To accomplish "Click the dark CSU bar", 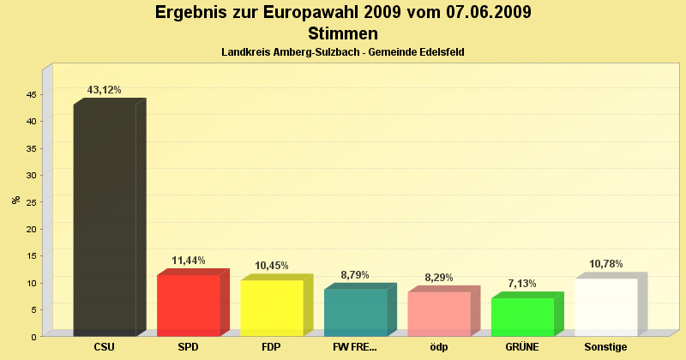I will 105,219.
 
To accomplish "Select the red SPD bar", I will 189,305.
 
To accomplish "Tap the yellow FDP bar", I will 272,308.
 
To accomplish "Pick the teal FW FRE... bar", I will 356,312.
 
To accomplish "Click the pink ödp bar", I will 439,314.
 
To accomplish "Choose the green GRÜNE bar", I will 522,316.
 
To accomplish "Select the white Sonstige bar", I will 606,307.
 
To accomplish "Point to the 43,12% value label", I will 105,90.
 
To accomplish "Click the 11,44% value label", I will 189,261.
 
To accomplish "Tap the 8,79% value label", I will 356,275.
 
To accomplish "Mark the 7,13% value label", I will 522,284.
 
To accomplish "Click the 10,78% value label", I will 606,264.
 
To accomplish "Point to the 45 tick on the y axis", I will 30,94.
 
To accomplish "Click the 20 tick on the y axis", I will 30,229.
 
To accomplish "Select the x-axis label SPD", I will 189,347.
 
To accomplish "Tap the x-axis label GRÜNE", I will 522,347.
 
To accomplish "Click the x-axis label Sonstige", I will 606,347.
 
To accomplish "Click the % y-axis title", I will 15,200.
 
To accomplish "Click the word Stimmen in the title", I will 343,34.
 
